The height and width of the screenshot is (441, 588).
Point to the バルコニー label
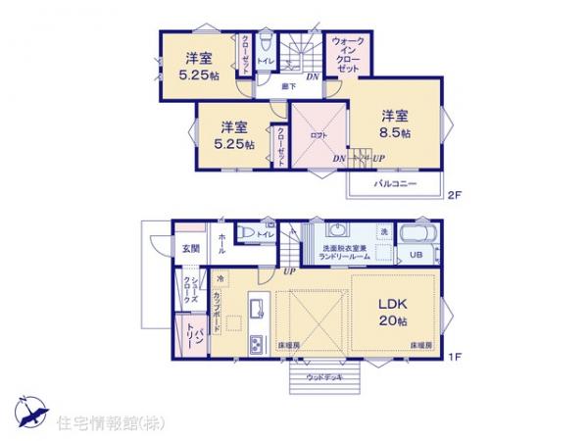(394, 184)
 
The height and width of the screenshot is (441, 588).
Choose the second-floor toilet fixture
(266, 42)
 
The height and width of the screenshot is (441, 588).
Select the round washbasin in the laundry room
(337, 232)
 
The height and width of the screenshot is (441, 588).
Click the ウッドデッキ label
(323, 377)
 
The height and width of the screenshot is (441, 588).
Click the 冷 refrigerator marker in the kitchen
(221, 278)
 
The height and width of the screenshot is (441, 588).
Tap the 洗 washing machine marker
(385, 231)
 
